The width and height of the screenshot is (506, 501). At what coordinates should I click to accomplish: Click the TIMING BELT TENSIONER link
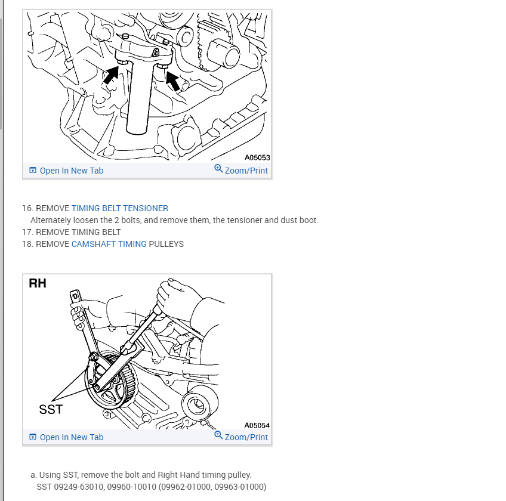[x=120, y=208]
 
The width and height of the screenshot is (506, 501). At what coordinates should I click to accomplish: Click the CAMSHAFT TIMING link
[x=109, y=244]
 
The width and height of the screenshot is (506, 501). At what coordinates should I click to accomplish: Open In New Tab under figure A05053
[x=66, y=171]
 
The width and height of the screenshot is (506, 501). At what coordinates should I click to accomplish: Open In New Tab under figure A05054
[x=66, y=437]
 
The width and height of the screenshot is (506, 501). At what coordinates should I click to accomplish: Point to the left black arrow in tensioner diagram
[x=112, y=75]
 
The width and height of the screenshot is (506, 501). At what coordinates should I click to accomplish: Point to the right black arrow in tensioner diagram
[x=172, y=81]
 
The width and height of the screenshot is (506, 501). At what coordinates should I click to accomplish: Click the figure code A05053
[x=257, y=157]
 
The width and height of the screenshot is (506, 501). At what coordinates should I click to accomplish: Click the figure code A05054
[x=257, y=425]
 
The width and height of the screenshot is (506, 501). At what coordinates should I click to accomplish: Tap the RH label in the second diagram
[x=38, y=283]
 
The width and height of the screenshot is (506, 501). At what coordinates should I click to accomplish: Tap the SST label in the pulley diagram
[x=51, y=409]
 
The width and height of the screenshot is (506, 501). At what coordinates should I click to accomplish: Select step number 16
[x=28, y=208]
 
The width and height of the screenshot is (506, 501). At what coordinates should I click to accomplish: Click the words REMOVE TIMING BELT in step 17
[x=78, y=232]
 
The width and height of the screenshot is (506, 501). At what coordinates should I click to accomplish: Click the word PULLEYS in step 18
[x=166, y=244]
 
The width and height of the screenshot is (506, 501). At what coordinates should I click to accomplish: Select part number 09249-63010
[x=78, y=487]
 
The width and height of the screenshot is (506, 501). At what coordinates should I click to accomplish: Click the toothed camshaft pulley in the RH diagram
[x=112, y=381]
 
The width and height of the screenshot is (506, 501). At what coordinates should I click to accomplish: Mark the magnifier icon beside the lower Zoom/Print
[x=218, y=435]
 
